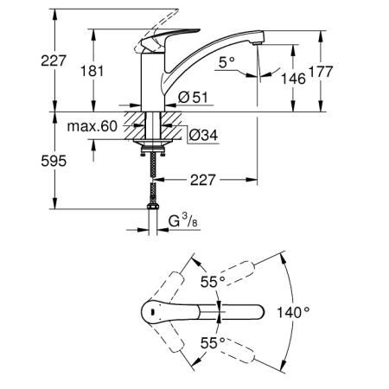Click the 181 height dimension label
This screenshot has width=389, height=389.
click(92, 71)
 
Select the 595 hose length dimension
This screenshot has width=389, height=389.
click(54, 161)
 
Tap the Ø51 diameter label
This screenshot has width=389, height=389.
click(193, 97)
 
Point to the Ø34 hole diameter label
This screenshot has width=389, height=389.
click(203, 135)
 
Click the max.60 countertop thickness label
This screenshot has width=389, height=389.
click(92, 126)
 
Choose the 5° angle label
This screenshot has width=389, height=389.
click(226, 62)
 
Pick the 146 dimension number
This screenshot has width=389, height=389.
click(293, 79)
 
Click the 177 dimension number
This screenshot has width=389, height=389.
click(321, 72)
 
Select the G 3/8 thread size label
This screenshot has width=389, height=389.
click(183, 221)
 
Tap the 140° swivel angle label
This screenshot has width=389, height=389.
click(293, 312)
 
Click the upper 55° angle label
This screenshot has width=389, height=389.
click(213, 282)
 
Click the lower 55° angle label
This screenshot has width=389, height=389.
click(213, 342)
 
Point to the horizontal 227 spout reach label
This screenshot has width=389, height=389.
click(202, 180)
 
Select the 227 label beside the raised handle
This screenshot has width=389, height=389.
click(54, 61)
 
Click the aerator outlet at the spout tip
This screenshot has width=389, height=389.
click(257, 43)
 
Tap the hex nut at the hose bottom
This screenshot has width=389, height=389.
click(153, 207)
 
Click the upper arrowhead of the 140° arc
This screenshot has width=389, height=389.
click(284, 259)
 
